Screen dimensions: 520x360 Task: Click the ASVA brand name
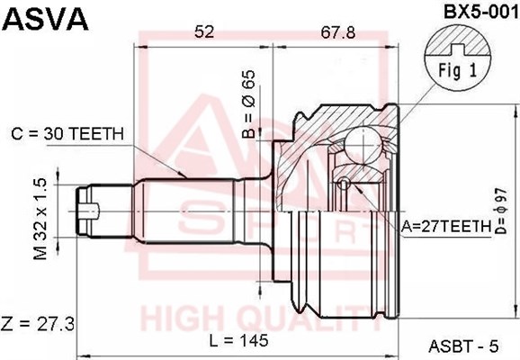46,19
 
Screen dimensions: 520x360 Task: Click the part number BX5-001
480,12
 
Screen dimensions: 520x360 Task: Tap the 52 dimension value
204,32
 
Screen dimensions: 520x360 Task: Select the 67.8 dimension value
338,32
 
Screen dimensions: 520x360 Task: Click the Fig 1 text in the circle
457,70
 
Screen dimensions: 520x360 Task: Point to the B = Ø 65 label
248,103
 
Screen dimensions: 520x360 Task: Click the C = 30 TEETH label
67,134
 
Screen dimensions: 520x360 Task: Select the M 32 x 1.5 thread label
40,219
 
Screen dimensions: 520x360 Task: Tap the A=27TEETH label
446,226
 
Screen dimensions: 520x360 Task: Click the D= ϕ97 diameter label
501,211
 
